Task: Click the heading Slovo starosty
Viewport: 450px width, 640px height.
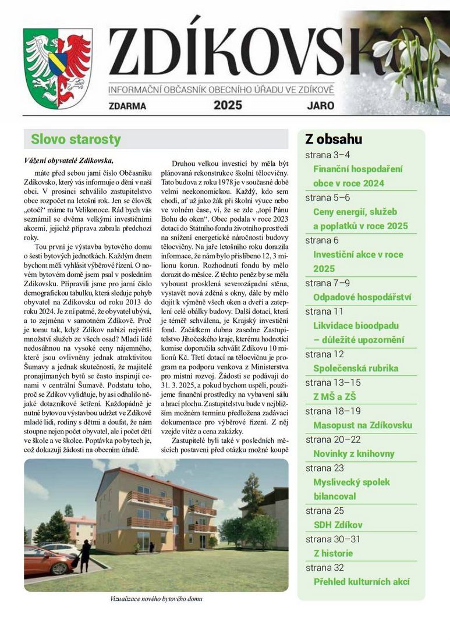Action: click(76, 139)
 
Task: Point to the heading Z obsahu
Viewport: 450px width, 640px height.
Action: click(334, 139)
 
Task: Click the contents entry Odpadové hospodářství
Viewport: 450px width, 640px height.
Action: click(362, 297)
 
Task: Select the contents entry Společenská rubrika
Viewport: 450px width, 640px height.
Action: click(355, 368)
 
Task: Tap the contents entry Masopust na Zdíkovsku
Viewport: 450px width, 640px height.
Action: click(362, 425)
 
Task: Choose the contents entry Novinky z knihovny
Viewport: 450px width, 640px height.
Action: click(353, 454)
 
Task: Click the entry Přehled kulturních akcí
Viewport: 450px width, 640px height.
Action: click(362, 582)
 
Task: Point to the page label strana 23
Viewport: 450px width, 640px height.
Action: click(324, 468)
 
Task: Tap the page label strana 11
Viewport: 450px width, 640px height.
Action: click(324, 311)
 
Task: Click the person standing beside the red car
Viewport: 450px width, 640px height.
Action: click(85, 554)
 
